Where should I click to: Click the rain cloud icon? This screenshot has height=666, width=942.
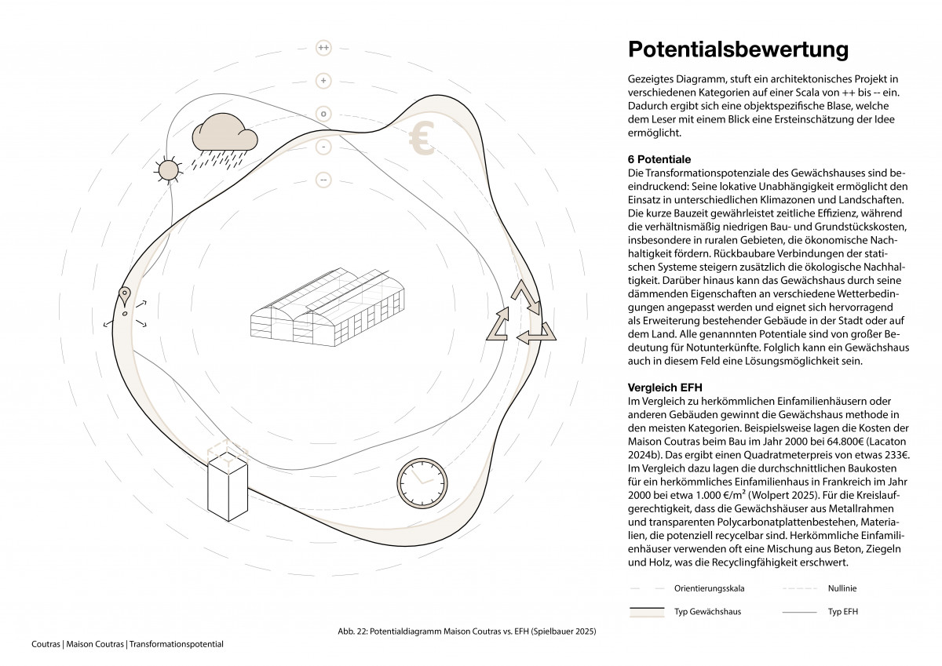[x=225, y=137]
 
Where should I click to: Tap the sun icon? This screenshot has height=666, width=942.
[x=167, y=169]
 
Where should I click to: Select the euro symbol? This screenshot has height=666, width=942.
[x=422, y=140]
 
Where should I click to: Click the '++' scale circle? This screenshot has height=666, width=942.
[x=323, y=48]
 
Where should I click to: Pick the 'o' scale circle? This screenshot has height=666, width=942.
[x=323, y=114]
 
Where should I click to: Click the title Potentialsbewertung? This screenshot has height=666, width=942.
[x=738, y=49]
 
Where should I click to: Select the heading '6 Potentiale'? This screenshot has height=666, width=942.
[x=659, y=159]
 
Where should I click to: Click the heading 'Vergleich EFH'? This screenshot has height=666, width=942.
[x=665, y=388]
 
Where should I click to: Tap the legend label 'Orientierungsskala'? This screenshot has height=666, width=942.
[x=710, y=588]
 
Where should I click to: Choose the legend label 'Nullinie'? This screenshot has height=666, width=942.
[x=842, y=588]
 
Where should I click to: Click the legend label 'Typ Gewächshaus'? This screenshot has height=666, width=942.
[x=707, y=612]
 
